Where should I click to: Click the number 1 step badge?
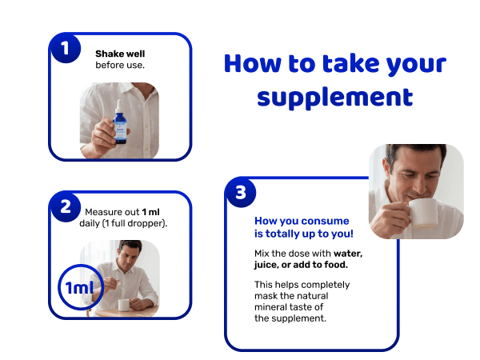(x=66, y=48)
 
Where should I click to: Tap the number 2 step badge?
(x=66, y=206)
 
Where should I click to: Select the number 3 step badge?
(x=241, y=193)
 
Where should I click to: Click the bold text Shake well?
(x=120, y=54)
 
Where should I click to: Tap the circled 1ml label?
(x=81, y=287)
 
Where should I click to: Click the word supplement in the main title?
(x=335, y=98)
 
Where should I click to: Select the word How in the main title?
(x=253, y=63)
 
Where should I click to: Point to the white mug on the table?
(x=124, y=305)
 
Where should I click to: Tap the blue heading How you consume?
(x=302, y=221)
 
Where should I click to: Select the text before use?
(x=120, y=66)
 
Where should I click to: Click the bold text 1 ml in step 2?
(x=150, y=212)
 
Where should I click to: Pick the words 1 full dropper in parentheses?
(x=123, y=223)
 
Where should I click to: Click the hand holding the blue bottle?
(x=106, y=135)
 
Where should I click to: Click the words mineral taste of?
(x=289, y=307)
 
